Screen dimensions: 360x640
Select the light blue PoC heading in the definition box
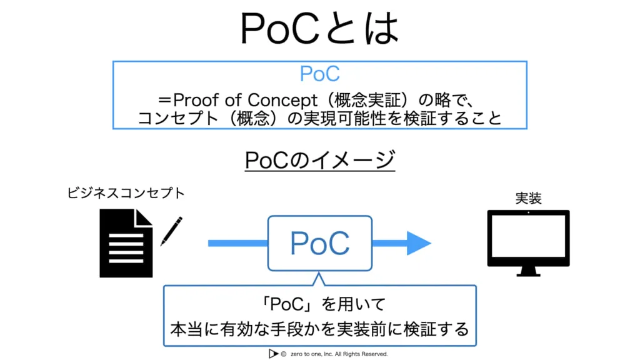tap(319, 74)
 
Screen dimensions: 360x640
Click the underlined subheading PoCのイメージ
tap(319, 161)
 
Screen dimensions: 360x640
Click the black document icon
tap(125, 242)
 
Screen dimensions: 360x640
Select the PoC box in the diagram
tap(319, 243)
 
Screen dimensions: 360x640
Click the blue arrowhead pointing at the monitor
tap(417, 243)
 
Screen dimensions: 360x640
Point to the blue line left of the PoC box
tap(237, 243)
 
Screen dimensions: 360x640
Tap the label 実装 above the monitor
tap(528, 198)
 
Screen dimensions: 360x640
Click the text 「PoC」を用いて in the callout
tap(319, 305)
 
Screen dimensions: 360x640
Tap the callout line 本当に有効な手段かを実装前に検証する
tap(319, 328)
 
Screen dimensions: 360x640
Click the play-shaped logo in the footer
tap(272, 354)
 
